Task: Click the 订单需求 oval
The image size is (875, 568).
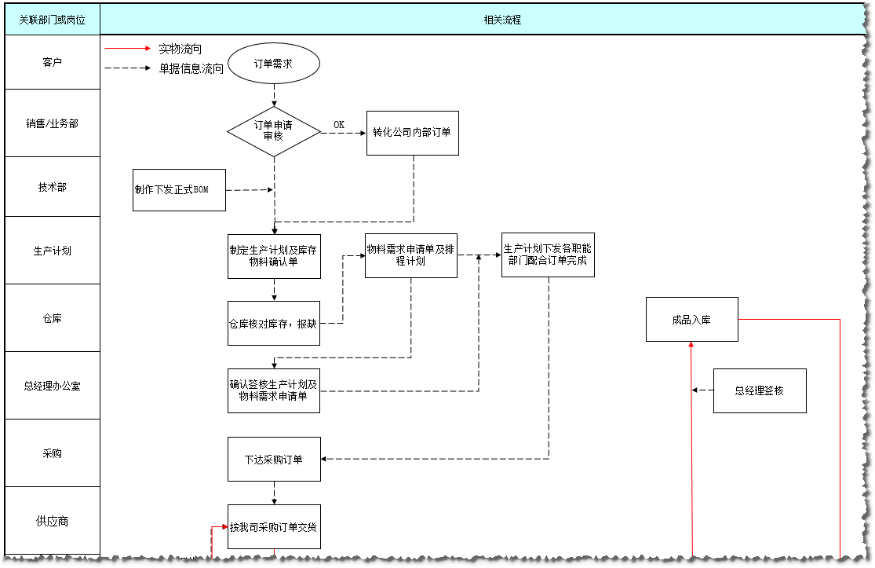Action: click(274, 64)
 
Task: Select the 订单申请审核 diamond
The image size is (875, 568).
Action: click(274, 131)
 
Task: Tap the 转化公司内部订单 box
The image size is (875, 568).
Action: click(413, 132)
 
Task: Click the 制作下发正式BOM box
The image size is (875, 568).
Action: click(179, 189)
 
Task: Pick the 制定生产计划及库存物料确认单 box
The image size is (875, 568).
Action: click(274, 256)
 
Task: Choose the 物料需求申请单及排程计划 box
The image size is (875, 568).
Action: click(410, 255)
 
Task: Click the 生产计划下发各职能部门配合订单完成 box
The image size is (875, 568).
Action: click(548, 255)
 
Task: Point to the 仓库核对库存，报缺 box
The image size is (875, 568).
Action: click(274, 323)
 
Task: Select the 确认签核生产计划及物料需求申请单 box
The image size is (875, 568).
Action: click(274, 390)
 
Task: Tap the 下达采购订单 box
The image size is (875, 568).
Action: click(274, 459)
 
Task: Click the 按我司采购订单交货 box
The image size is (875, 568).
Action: click(274, 526)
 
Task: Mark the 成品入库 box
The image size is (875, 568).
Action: click(691, 320)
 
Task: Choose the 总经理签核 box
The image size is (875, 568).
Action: click(759, 390)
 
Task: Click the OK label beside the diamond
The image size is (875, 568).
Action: click(339, 125)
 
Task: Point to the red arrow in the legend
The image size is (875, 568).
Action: click(127, 49)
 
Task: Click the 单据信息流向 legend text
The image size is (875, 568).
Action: click(191, 68)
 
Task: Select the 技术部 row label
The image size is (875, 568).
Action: click(53, 187)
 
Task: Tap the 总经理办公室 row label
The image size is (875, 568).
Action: click(53, 386)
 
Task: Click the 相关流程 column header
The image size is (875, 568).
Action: click(502, 20)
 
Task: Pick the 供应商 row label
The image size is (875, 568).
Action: click(53, 521)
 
